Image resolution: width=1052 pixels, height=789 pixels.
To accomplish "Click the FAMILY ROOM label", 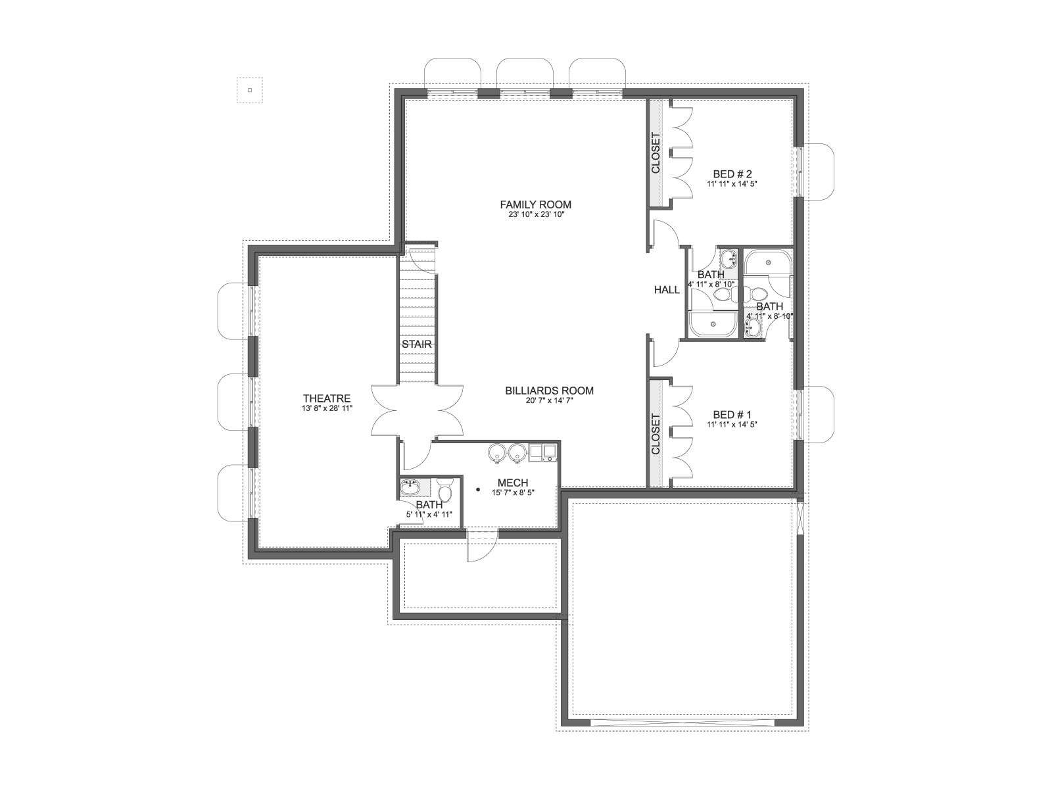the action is click(535, 204).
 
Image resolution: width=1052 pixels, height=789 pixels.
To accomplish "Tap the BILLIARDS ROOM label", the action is click(549, 391).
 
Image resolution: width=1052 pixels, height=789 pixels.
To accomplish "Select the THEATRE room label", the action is click(326, 398).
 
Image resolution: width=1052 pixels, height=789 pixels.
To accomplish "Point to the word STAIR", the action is click(416, 344).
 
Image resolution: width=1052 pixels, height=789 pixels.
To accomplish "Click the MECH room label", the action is click(513, 483).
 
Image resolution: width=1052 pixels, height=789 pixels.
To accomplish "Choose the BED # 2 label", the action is click(732, 174).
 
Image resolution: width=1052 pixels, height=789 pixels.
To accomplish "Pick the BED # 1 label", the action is click(732, 414).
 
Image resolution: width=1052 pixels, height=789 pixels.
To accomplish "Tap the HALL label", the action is click(667, 289).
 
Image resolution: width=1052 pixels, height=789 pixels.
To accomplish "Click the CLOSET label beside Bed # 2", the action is click(656, 153).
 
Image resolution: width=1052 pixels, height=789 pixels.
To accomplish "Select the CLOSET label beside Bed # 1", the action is click(656, 434).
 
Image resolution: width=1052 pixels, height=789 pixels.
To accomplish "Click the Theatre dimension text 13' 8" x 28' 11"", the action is click(326, 408).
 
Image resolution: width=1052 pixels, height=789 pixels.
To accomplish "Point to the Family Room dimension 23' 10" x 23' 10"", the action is click(537, 214).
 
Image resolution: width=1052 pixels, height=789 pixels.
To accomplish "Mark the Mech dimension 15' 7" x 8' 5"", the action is click(513, 492).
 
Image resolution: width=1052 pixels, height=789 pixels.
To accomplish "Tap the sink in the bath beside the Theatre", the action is click(410, 487).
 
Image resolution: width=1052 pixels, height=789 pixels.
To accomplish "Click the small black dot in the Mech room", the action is click(478, 490).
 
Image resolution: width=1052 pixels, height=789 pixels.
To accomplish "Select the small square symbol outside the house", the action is click(250, 90).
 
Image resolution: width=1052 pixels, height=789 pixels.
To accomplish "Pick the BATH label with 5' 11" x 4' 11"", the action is click(429, 505).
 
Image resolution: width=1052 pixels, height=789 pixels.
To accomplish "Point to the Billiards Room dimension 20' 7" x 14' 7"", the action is click(549, 400).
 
